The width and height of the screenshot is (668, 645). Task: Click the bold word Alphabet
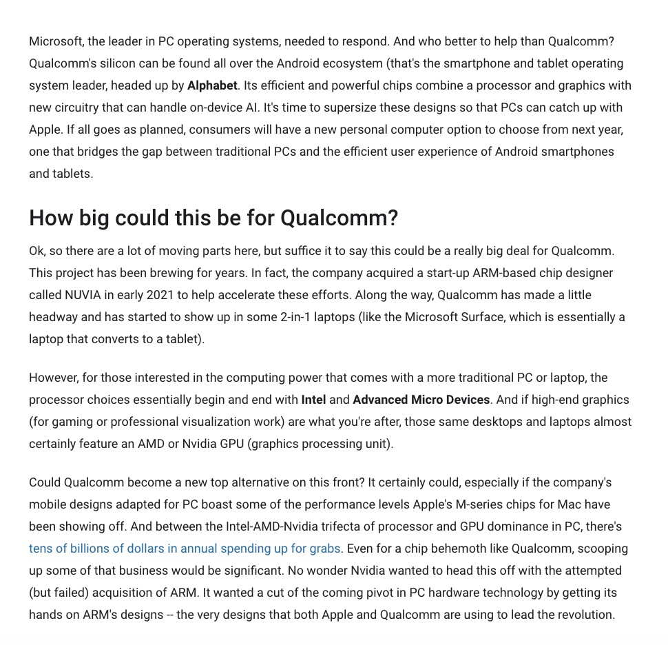(x=212, y=85)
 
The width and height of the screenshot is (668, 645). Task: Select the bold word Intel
(x=313, y=400)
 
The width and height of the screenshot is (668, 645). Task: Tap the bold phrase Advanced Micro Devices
(x=421, y=400)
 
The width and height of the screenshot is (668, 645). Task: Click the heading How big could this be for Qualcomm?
(x=213, y=218)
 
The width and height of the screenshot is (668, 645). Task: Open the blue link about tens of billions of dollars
(x=185, y=549)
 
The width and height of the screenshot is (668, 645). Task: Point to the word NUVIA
(x=83, y=295)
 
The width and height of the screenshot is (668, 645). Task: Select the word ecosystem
(x=349, y=63)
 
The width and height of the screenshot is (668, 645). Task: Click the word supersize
(x=362, y=107)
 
